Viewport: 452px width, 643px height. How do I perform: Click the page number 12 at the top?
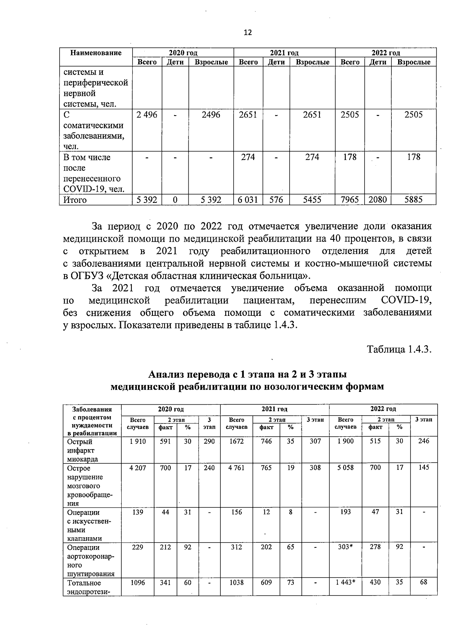click(247, 32)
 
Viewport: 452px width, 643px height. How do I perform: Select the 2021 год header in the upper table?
click(284, 53)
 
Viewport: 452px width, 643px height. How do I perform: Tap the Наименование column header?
click(96, 53)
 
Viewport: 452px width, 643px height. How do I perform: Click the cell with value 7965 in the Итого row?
click(350, 200)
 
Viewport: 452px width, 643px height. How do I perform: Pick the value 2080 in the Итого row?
click(377, 200)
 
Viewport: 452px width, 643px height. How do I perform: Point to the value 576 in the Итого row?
click(276, 200)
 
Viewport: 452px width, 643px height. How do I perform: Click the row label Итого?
click(75, 200)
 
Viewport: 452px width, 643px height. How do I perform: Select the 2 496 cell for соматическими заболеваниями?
click(147, 115)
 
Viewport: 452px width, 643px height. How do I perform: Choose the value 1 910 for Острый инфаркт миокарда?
click(137, 441)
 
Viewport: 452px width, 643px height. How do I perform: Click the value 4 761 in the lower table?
click(236, 468)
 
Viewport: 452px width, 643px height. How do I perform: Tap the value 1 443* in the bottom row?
click(345, 582)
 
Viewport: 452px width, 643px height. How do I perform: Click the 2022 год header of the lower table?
click(383, 409)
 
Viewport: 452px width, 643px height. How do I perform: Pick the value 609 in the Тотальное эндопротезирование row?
click(266, 582)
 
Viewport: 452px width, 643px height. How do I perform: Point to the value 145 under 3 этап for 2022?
click(423, 468)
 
